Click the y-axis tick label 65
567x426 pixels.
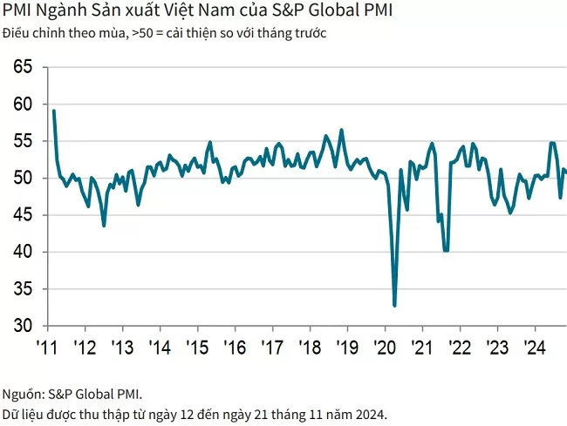click(24, 68)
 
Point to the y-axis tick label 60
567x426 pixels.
click(24, 105)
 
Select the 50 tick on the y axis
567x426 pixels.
click(24, 179)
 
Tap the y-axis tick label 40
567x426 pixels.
click(24, 253)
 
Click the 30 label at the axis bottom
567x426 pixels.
click(24, 326)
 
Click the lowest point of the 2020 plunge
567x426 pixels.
click(394, 305)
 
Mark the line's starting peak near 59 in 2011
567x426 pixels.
click(54, 111)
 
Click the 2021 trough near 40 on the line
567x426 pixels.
click(446, 250)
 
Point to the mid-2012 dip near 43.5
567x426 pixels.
click(104, 226)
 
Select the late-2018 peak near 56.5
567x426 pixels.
click(341, 130)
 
